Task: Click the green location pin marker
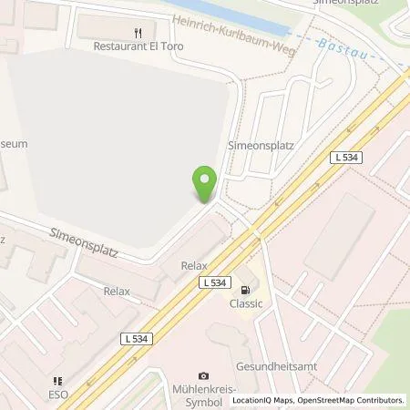pyautogui.click(x=205, y=185)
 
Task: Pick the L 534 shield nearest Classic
pyautogui.click(x=213, y=283)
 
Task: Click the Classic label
pyautogui.click(x=245, y=303)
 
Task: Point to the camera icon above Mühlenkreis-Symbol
pyautogui.click(x=202, y=375)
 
